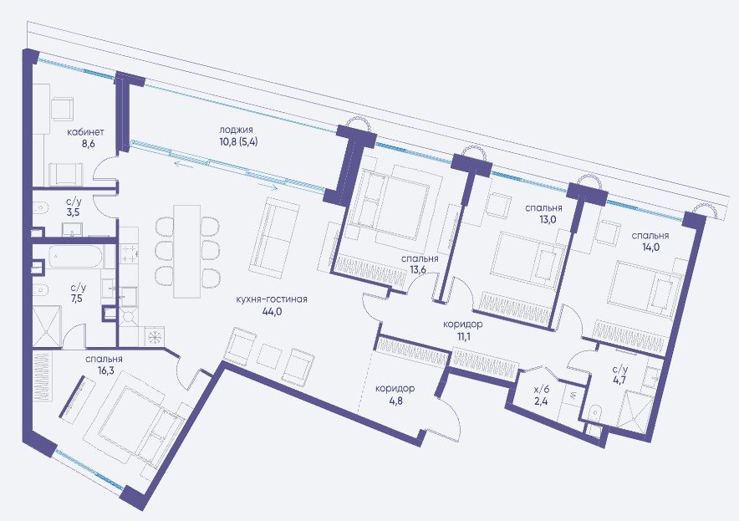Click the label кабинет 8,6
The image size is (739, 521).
pyautogui.click(x=85, y=138)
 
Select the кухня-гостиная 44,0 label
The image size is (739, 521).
pyautogui.click(x=273, y=305)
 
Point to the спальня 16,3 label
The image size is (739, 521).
pyautogui.click(x=104, y=365)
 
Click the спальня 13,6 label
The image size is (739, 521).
pyautogui.click(x=420, y=264)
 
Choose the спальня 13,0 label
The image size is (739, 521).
pyautogui.click(x=544, y=213)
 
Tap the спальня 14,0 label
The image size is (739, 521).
pyautogui.click(x=650, y=241)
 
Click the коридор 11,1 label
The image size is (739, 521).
pyautogui.click(x=463, y=329)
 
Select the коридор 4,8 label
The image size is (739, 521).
pyautogui.click(x=395, y=394)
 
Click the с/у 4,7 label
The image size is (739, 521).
pyautogui.click(x=619, y=375)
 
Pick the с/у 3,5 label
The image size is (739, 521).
pyautogui.click(x=73, y=207)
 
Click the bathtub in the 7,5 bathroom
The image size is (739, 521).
pyautogui.click(x=75, y=258)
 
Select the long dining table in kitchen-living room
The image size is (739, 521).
pyautogui.click(x=186, y=252)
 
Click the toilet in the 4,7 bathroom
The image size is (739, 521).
pyautogui.click(x=594, y=413)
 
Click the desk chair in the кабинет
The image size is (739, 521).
pyautogui.click(x=62, y=109)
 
